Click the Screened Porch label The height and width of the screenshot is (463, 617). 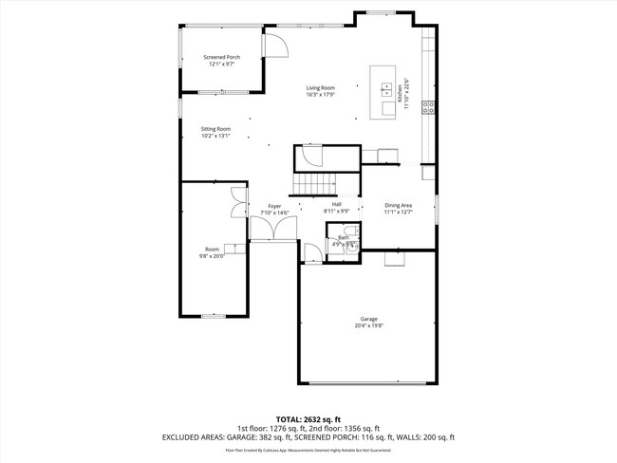pyautogui.click(x=221, y=57)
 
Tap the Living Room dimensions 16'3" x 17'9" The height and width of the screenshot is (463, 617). pyautogui.click(x=320, y=94)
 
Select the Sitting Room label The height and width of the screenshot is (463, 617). pyautogui.click(x=215, y=129)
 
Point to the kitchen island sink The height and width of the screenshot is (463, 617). pyautogui.click(x=387, y=89)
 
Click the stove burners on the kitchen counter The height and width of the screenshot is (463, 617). pyautogui.click(x=430, y=106)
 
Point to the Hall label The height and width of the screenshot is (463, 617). pyautogui.click(x=336, y=204)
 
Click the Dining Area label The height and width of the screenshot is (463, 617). pyautogui.click(x=398, y=205)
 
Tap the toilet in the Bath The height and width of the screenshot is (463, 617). pyautogui.click(x=349, y=231)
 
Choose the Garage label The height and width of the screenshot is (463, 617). pyautogui.click(x=369, y=319)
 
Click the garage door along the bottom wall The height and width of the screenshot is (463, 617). pyautogui.click(x=369, y=382)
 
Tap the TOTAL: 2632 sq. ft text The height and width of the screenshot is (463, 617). pyautogui.click(x=308, y=418)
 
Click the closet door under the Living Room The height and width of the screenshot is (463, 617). pyautogui.click(x=312, y=157)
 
